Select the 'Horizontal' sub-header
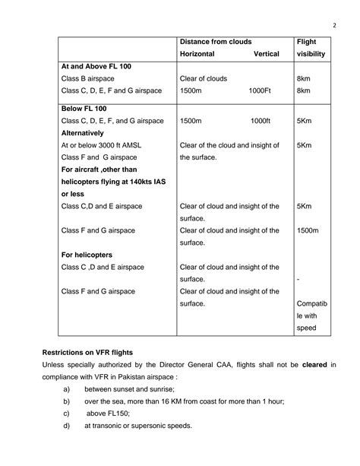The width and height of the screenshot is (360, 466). pos(197,54)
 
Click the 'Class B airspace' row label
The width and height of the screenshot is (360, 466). pos(90,79)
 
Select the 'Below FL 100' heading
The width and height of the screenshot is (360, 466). pos(86,108)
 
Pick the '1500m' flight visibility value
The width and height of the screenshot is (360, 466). pos(308,230)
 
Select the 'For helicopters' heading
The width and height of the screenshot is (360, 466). pos(87,255)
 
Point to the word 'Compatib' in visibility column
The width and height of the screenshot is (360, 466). pos(312,303)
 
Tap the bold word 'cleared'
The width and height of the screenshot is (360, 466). pos(314,366)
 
